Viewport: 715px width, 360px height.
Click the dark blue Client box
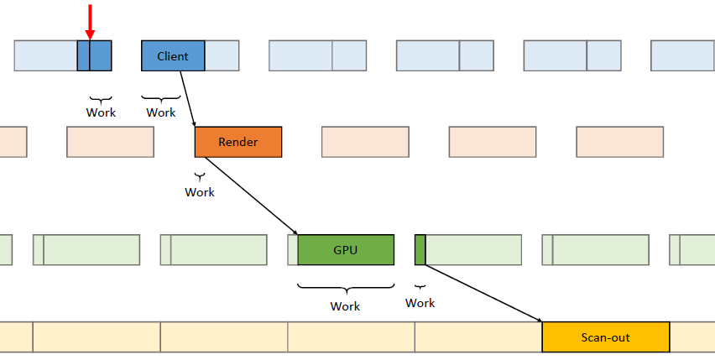(173, 55)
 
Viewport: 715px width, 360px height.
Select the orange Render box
(238, 142)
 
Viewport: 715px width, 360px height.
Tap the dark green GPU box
(346, 250)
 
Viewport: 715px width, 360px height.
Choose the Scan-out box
(606, 337)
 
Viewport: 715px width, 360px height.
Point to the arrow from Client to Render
(187, 99)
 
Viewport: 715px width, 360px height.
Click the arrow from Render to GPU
(251, 196)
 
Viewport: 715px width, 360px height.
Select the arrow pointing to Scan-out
(483, 294)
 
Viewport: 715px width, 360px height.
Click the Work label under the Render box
(200, 192)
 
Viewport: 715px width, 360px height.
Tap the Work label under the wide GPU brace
(345, 306)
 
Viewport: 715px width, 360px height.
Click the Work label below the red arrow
(101, 112)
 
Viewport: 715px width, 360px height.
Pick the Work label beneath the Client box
(161, 112)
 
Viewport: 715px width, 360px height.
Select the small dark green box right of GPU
(420, 250)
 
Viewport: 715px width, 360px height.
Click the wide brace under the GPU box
(346, 288)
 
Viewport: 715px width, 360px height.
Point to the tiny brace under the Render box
(200, 176)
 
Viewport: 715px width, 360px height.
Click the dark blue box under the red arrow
(94, 55)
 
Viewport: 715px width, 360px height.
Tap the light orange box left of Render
(110, 142)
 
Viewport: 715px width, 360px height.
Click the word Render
(238, 142)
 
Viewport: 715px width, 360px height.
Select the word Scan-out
(606, 337)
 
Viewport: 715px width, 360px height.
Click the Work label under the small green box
(420, 303)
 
